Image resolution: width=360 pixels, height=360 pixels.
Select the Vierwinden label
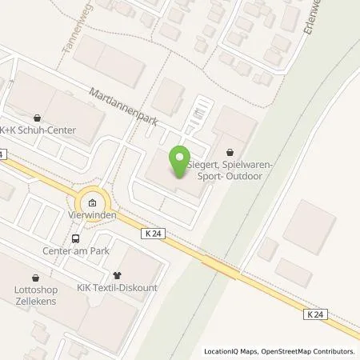[93, 216]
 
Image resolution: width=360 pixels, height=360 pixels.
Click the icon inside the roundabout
[93, 203]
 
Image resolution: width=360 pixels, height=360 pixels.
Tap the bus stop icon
[75, 238]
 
